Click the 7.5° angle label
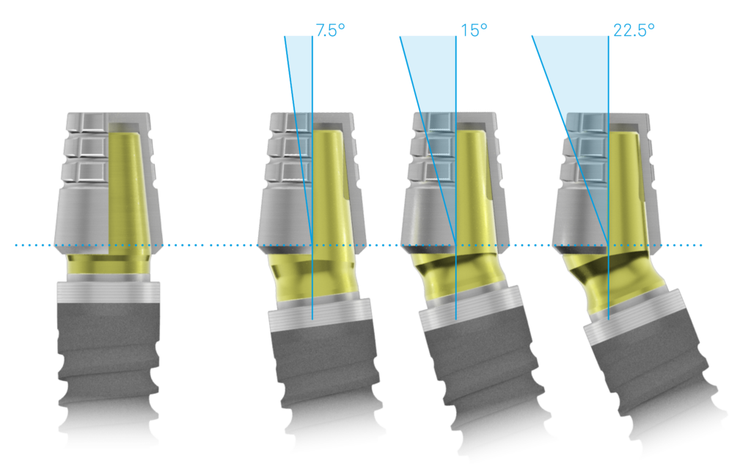click(x=331, y=30)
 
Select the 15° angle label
click(x=474, y=30)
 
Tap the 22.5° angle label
click(x=634, y=30)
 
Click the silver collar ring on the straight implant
click(x=109, y=292)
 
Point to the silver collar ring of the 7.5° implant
click(x=320, y=314)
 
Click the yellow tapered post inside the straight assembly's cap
click(x=125, y=187)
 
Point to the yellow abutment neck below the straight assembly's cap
click(x=109, y=265)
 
